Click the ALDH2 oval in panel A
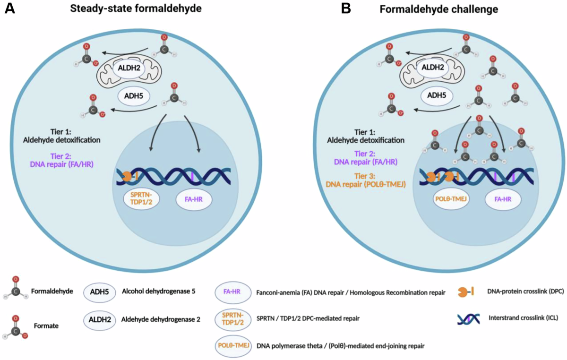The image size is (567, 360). tap(129, 69)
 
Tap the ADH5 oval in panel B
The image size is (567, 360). tap(437, 96)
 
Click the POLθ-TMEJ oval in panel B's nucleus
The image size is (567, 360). tap(451, 199)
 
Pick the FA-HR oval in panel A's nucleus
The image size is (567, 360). tap(194, 199)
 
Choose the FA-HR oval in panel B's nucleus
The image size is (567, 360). tap(503, 199)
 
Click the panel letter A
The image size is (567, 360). tap(10, 9)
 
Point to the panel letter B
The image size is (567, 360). tap(346, 9)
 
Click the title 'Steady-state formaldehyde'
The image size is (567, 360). tap(136, 9)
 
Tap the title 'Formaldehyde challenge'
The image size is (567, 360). tap(439, 9)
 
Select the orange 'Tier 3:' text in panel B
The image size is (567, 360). tap(365, 176)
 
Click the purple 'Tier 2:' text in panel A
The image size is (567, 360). tap(61, 156)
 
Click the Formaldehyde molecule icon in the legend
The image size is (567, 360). tap(16, 288)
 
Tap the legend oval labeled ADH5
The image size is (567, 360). tap(100, 292)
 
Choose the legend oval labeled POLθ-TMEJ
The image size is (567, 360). tap(233, 346)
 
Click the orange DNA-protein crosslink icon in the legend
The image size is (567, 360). tap(465, 292)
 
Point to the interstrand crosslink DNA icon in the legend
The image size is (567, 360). tap(469, 319)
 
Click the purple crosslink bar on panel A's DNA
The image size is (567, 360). tap(192, 176)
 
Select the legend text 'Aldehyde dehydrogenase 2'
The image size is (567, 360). tap(161, 319)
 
